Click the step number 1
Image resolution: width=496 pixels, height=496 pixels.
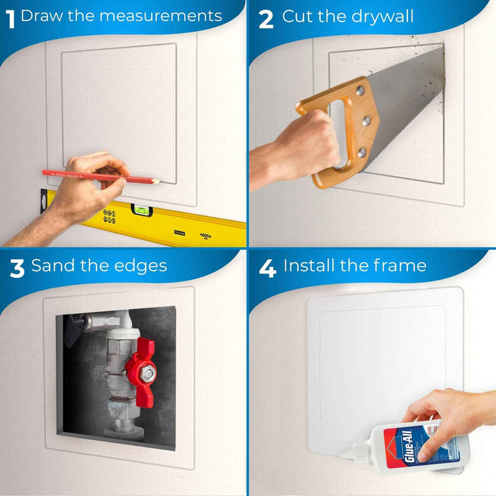(x=10, y=17)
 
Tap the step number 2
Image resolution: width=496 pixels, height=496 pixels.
(x=266, y=18)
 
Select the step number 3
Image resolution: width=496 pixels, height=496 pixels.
(x=17, y=268)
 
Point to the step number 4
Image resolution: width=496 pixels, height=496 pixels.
(x=267, y=268)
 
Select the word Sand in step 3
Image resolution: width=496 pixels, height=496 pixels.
(x=52, y=266)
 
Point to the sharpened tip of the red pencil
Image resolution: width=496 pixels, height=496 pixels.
(x=157, y=182)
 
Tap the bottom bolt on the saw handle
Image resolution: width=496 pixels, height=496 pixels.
(x=361, y=151)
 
